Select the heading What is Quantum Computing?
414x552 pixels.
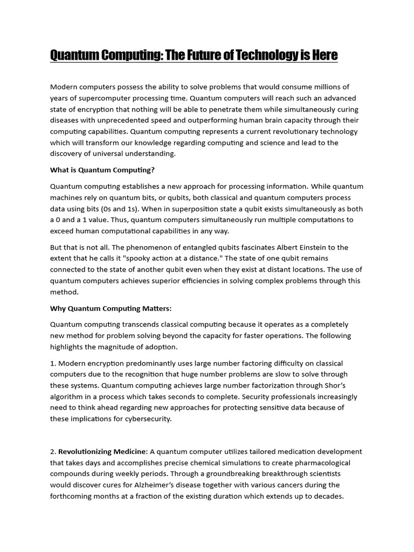tap(102, 170)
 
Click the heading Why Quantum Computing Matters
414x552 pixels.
tap(111, 308)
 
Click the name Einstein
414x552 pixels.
tap(331, 247)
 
